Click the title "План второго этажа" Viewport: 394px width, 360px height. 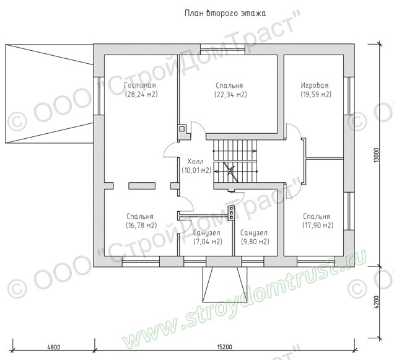pyautogui.click(x=225, y=14)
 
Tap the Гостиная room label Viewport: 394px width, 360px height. pyautogui.click(x=140, y=86)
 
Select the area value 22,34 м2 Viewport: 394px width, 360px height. pyautogui.click(x=230, y=95)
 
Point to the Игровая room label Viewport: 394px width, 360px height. pyautogui.click(x=315, y=86)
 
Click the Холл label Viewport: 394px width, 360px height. pyautogui.click(x=196, y=161)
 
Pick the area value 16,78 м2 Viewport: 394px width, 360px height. pyautogui.click(x=141, y=226)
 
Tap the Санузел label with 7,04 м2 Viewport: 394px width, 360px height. pyautogui.click(x=206, y=233)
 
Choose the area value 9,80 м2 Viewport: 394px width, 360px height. pyautogui.click(x=255, y=242)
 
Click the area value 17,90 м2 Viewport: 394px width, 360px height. pyautogui.click(x=318, y=226)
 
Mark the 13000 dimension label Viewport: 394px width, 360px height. pyautogui.click(x=376, y=155)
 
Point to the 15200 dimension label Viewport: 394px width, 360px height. pyautogui.click(x=224, y=347)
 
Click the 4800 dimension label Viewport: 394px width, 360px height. pyautogui.click(x=54, y=347)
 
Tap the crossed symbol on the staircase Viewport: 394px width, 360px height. pyautogui.click(x=230, y=171)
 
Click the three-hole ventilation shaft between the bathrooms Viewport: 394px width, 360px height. pyautogui.click(x=231, y=214)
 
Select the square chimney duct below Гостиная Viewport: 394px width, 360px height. pyautogui.click(x=182, y=129)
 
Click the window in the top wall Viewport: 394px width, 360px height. pyautogui.click(x=222, y=50)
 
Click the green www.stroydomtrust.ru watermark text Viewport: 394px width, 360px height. pyautogui.click(x=243, y=299)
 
